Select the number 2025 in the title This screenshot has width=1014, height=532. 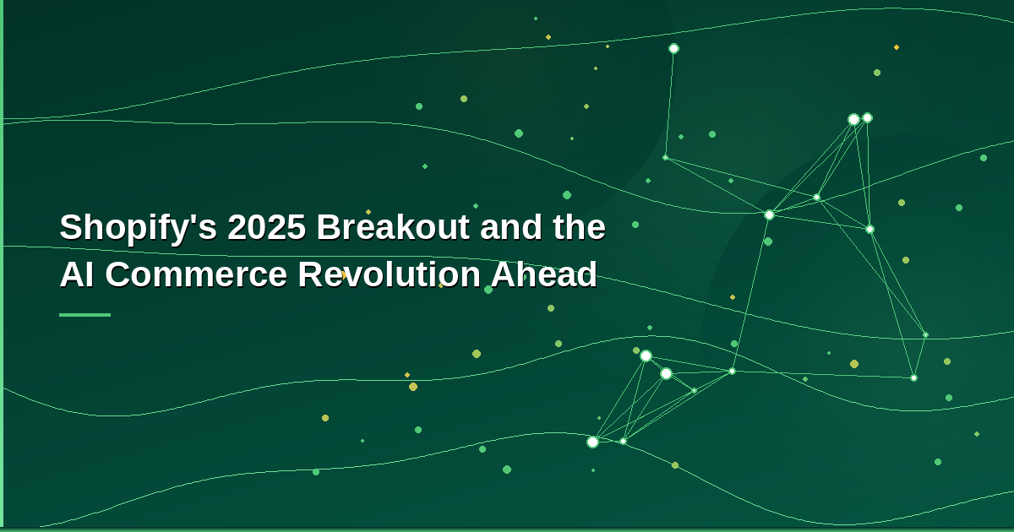(x=266, y=228)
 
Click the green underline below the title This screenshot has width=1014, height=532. (x=84, y=315)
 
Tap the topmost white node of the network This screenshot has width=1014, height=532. (x=673, y=48)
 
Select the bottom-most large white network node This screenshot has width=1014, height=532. (x=592, y=442)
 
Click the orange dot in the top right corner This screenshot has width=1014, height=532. (x=897, y=47)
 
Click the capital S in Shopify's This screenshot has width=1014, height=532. (x=70, y=228)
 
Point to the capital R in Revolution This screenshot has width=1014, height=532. (x=308, y=275)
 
